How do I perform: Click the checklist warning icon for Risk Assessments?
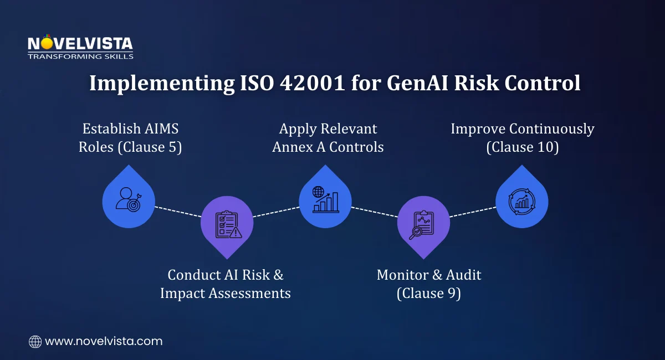(x=227, y=224)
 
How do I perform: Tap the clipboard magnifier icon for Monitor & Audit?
(x=423, y=224)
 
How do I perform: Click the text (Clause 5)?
(x=151, y=148)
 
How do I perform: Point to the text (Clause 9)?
(x=429, y=293)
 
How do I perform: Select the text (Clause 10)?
(x=523, y=148)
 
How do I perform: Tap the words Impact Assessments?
(x=226, y=293)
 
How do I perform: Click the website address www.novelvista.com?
(x=104, y=341)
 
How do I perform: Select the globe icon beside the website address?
(x=35, y=342)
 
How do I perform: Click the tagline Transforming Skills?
(x=80, y=56)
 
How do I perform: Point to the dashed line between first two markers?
(x=177, y=212)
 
